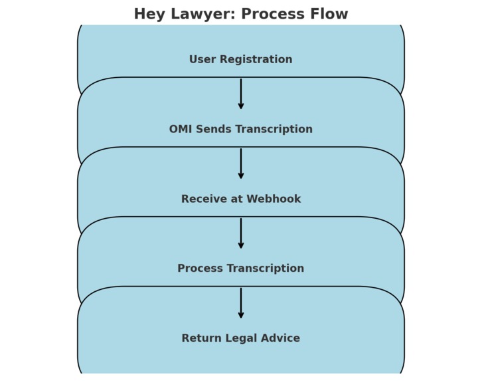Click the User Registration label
click(x=240, y=60)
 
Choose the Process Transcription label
click(x=240, y=269)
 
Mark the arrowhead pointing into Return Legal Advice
click(x=241, y=315)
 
